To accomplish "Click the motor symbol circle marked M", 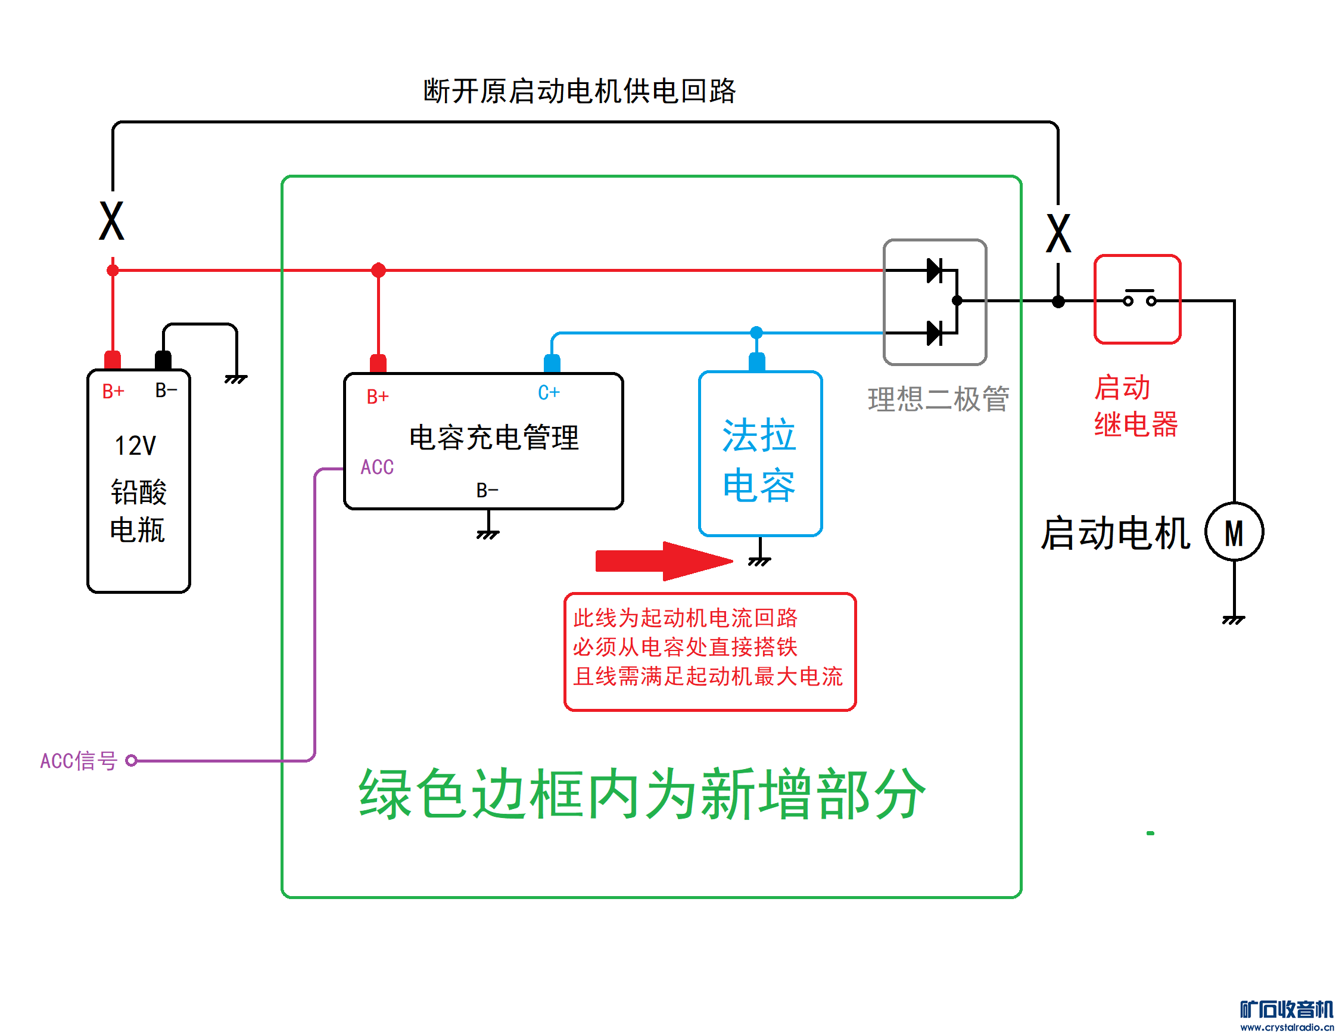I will [x=1234, y=532].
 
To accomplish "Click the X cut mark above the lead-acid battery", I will [x=111, y=221].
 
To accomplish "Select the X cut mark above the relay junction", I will [x=1058, y=233].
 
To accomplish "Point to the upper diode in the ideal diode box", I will [x=935, y=270].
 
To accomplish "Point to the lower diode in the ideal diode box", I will [x=935, y=333].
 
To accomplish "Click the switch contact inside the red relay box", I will [x=1139, y=299].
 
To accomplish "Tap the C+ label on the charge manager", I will [x=548, y=393].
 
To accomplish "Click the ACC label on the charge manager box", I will [x=376, y=467].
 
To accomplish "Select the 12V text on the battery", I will [x=135, y=446].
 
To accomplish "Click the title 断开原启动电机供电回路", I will [x=579, y=91].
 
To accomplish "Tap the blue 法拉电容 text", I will [x=759, y=460].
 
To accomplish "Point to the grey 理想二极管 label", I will [x=938, y=399].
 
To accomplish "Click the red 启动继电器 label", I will [x=1135, y=406].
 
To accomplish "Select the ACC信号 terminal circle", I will [x=131, y=761].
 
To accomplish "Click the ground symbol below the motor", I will [x=1234, y=619].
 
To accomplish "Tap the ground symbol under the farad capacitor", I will [x=759, y=560].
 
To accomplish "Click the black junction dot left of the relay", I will [x=1058, y=301].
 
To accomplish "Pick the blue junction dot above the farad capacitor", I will [x=756, y=333].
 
